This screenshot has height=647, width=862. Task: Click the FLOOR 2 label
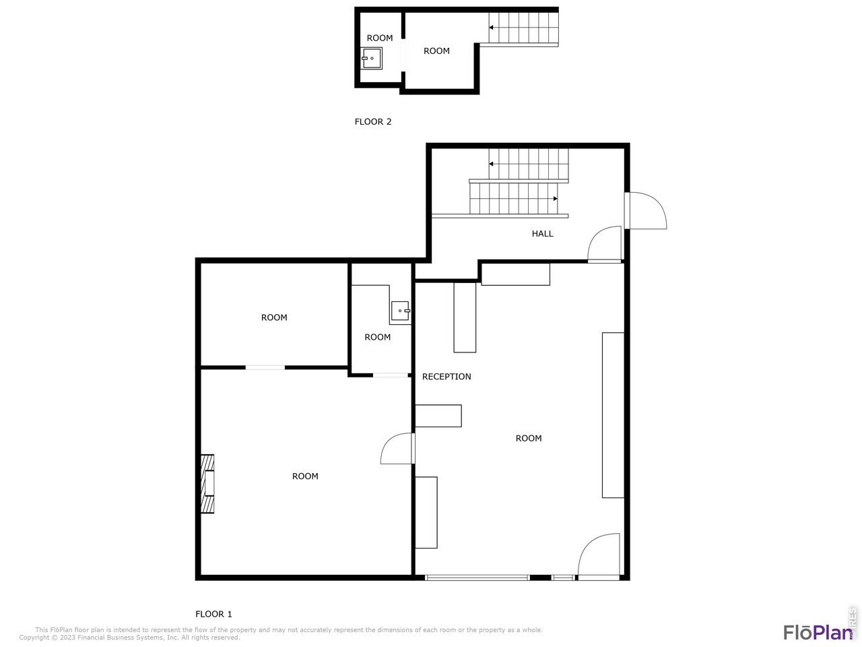click(373, 122)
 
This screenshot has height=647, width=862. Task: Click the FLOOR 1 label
click(213, 614)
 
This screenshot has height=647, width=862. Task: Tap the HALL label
click(542, 234)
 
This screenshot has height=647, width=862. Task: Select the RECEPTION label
click(446, 377)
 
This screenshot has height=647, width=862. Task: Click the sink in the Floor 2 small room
click(372, 59)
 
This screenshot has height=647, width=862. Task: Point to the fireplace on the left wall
click(207, 484)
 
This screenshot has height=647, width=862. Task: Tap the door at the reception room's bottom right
click(599, 557)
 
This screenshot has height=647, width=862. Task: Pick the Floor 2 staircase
click(524, 28)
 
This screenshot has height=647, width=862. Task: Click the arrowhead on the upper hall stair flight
click(492, 164)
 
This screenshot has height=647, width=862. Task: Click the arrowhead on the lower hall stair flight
click(555, 199)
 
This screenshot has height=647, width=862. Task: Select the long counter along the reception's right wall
click(613, 415)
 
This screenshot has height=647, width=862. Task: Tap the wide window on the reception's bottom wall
click(477, 578)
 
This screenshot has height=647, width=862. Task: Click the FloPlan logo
click(818, 632)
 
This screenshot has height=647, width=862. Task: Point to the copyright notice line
click(129, 638)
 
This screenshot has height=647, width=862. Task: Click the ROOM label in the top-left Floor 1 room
click(274, 317)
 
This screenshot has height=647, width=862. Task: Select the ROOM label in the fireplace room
click(305, 476)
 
